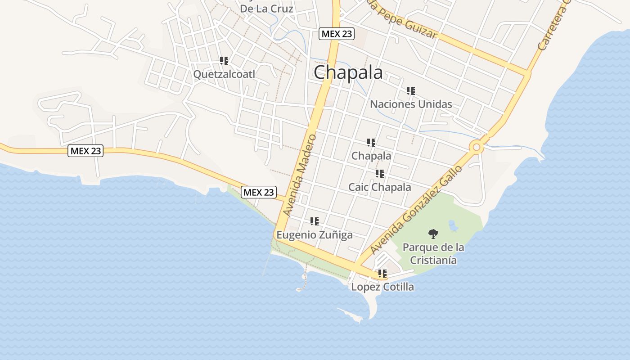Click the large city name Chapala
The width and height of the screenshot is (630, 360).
click(x=348, y=72)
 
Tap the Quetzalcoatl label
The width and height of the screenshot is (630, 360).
click(x=224, y=74)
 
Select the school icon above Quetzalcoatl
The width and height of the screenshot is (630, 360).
click(x=224, y=60)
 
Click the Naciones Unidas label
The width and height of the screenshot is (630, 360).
click(x=411, y=104)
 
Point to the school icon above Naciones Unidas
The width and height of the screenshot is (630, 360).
click(x=410, y=91)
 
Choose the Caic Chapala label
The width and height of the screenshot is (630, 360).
click(x=380, y=187)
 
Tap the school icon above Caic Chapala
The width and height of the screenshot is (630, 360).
click(x=380, y=174)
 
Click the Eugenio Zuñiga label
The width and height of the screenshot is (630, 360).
click(x=314, y=235)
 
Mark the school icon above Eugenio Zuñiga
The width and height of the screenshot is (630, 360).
click(x=314, y=221)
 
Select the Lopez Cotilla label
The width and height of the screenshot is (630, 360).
click(x=382, y=287)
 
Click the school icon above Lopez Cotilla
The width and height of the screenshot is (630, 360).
click(x=382, y=273)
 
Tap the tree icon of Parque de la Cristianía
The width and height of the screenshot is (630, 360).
click(x=433, y=234)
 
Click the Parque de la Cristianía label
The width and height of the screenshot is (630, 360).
click(x=433, y=254)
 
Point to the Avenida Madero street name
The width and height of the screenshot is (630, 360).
click(x=300, y=175)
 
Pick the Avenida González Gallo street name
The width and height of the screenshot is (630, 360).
click(x=416, y=210)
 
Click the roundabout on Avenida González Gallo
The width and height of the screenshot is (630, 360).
click(x=476, y=147)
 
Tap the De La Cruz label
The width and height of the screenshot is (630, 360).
click(x=266, y=9)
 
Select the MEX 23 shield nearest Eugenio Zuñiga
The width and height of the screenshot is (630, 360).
click(x=258, y=192)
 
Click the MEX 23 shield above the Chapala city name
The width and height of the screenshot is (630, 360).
click(x=336, y=34)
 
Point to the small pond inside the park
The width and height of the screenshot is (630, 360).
click(x=453, y=225)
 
